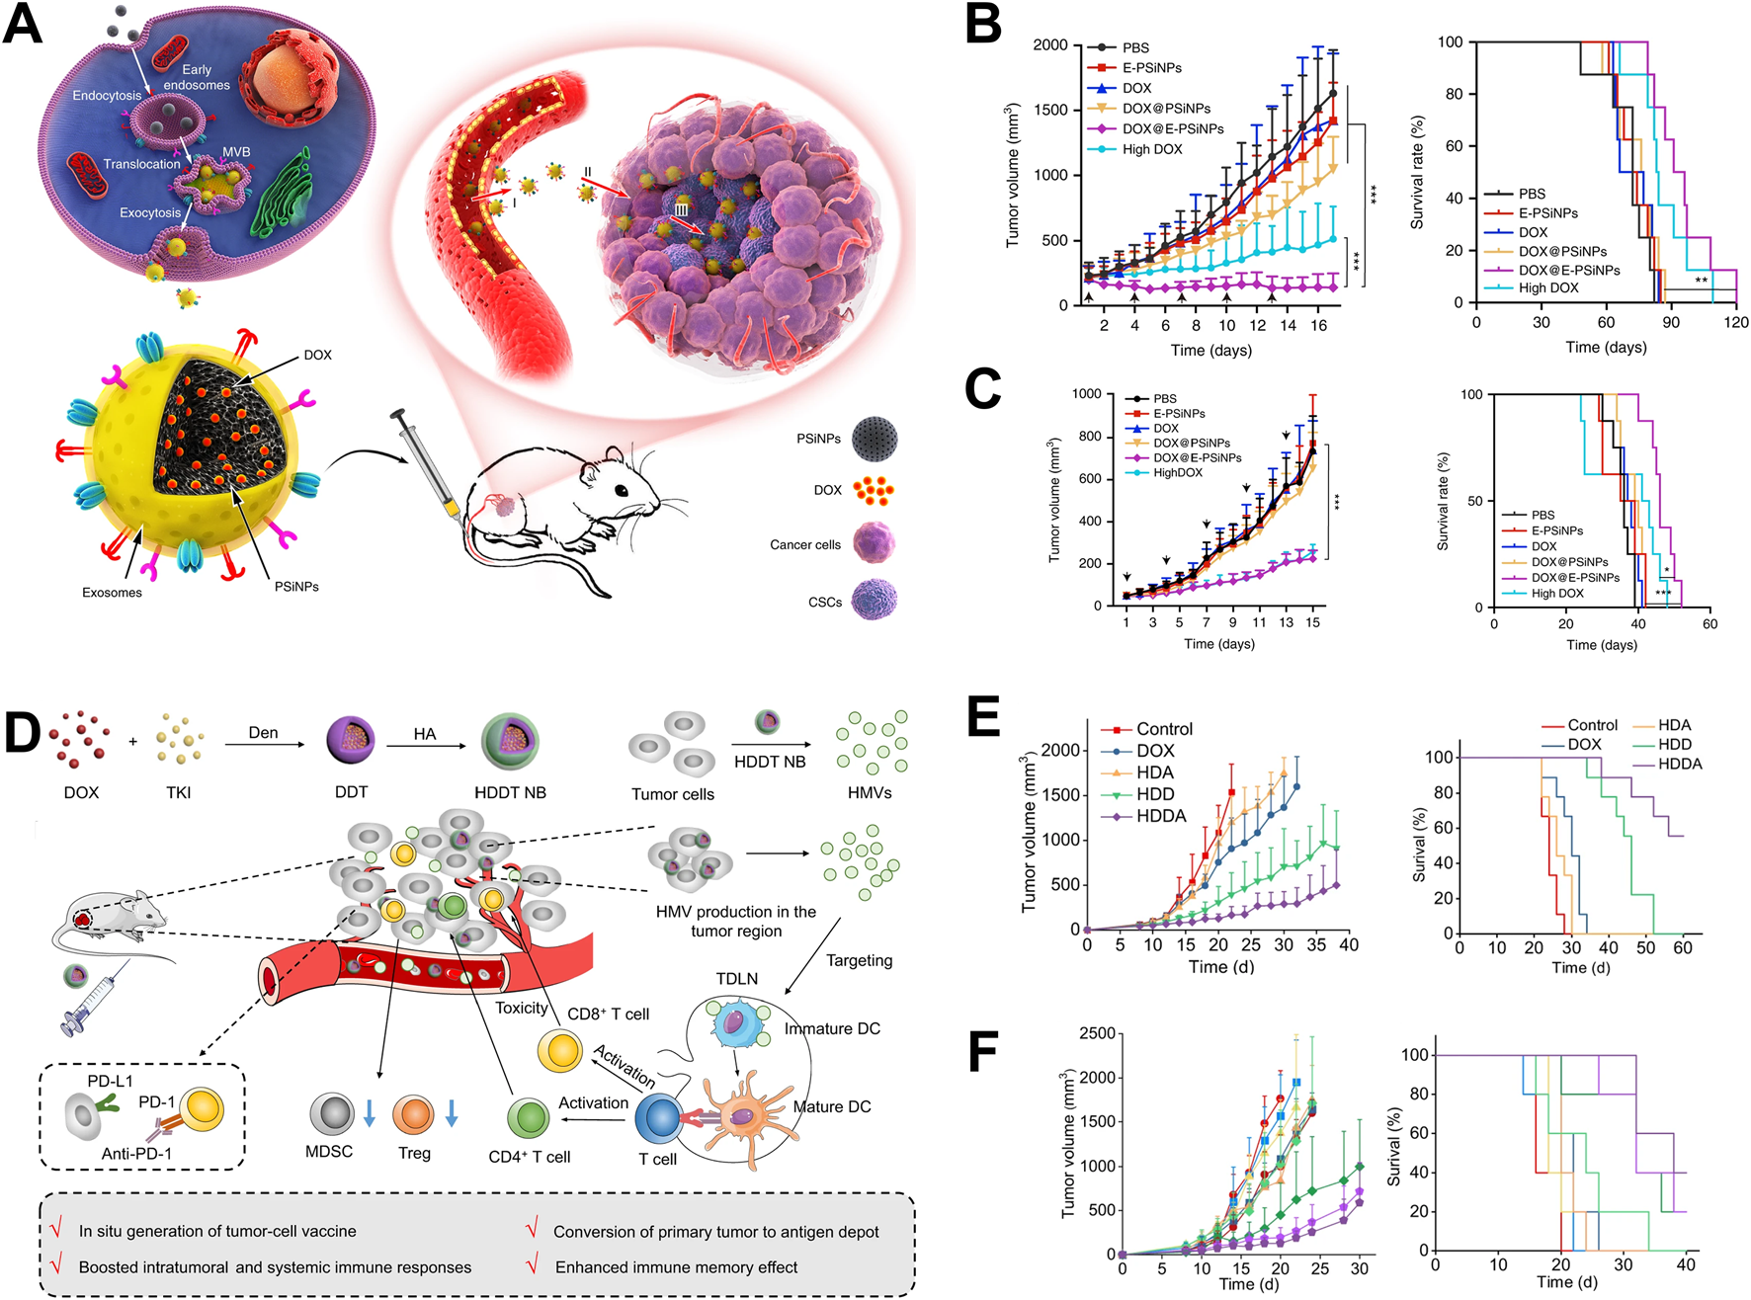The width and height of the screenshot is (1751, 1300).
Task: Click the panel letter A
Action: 24,24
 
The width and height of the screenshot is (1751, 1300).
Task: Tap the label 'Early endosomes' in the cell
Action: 197,77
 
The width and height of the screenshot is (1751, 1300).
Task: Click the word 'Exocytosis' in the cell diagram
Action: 150,212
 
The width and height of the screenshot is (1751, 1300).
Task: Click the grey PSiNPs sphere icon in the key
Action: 875,439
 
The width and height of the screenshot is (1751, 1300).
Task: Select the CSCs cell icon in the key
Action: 875,601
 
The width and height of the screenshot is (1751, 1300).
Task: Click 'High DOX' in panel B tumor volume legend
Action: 1151,149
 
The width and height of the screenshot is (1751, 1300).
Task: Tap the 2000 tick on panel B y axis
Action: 1049,45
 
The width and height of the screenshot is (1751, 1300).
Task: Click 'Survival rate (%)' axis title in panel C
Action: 1443,502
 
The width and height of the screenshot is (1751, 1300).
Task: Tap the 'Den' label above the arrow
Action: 263,733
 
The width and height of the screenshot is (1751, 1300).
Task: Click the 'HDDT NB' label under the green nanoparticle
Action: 510,792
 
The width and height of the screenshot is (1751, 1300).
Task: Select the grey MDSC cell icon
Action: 331,1114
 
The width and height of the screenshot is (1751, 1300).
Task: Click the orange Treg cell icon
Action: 413,1114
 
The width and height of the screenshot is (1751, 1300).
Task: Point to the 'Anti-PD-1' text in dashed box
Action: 136,1153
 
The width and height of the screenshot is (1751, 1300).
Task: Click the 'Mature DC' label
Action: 832,1106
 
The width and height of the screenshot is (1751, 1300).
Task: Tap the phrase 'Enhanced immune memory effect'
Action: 676,1267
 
